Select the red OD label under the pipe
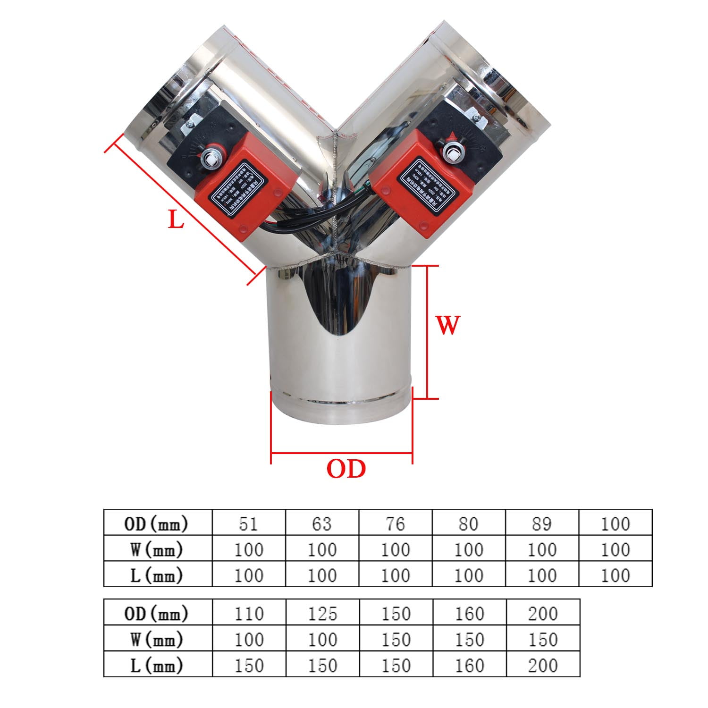(x=346, y=469)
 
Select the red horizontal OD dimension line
(x=342, y=454)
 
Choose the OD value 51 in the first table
(x=248, y=523)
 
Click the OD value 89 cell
(x=541, y=523)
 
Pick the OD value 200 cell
(x=543, y=613)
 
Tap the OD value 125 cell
(x=323, y=613)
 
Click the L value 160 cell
(x=470, y=665)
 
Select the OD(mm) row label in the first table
(x=158, y=523)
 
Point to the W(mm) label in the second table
(x=158, y=639)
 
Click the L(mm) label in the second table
(x=158, y=665)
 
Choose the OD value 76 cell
(x=395, y=523)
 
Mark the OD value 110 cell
(x=249, y=613)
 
